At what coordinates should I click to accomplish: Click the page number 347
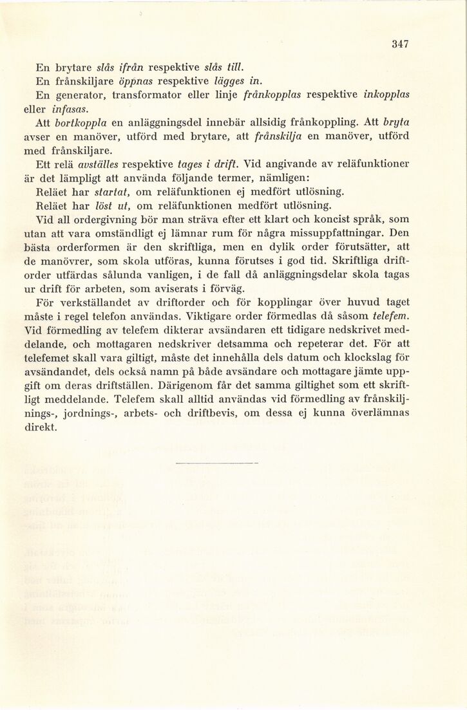pos(400,44)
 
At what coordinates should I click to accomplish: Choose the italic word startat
pos(113,191)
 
